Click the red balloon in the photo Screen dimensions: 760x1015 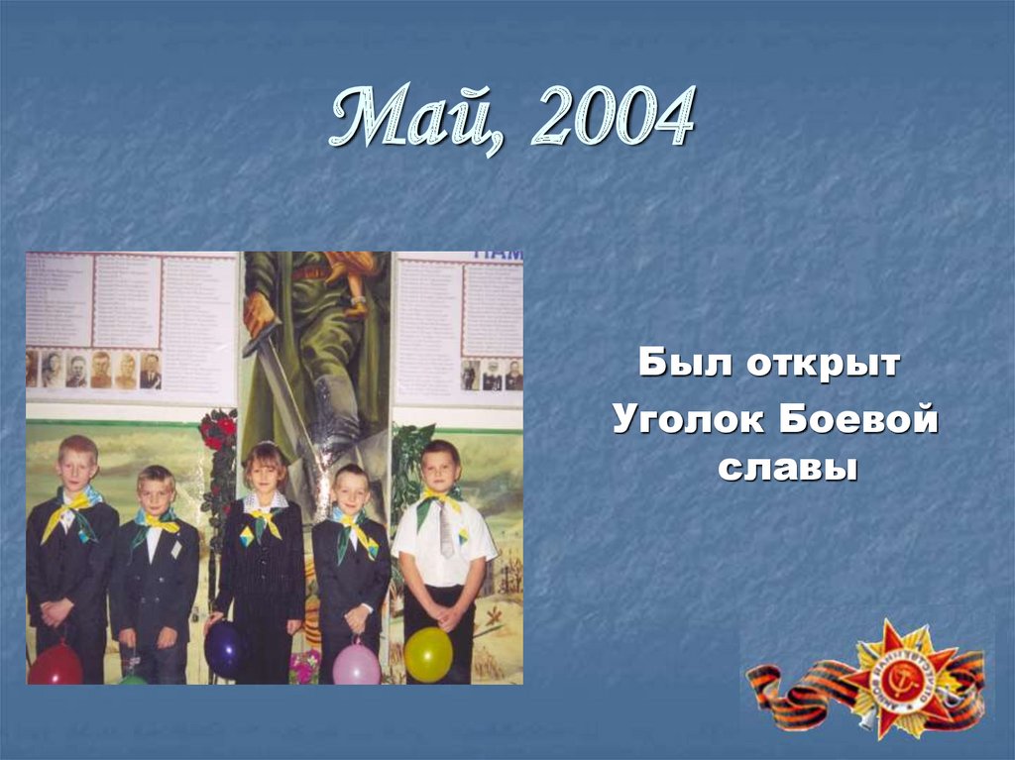[55, 665]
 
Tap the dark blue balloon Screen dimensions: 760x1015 [224, 650]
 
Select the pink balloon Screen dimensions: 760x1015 [356, 663]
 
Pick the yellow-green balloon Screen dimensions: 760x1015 [428, 654]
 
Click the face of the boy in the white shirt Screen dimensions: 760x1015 [439, 468]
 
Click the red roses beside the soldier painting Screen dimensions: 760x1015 [218, 432]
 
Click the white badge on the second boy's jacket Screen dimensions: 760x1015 [175, 548]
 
